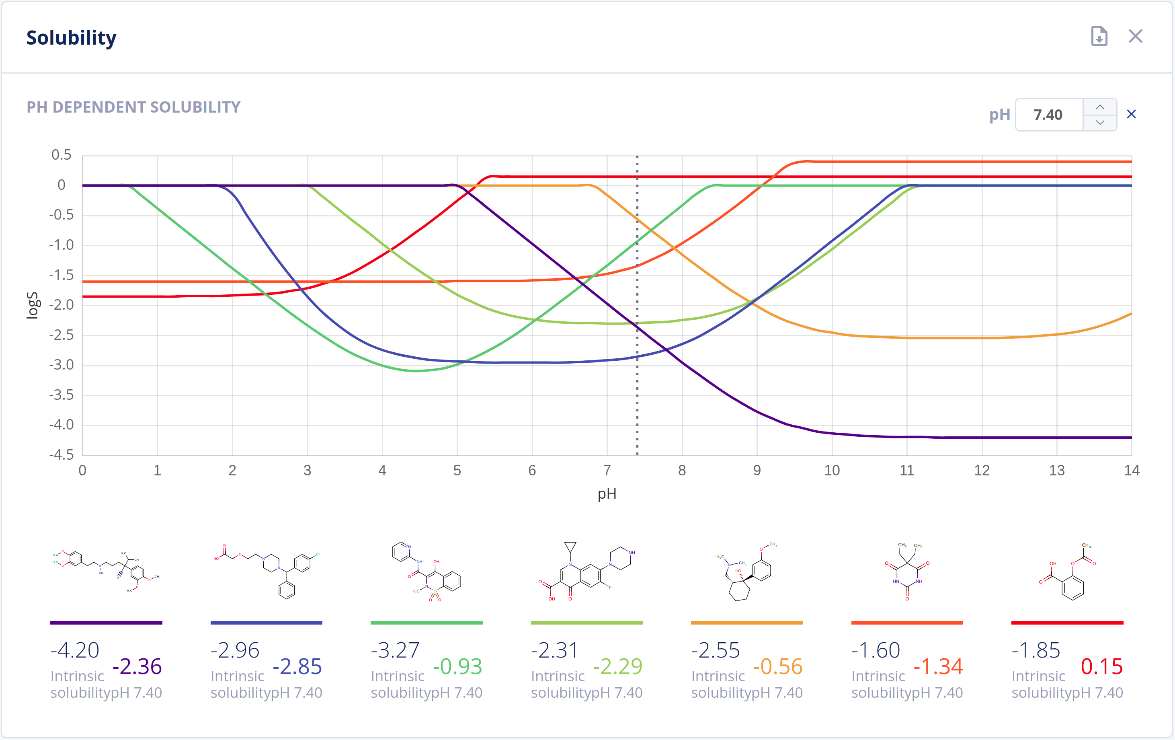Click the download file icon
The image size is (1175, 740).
[x=1099, y=36]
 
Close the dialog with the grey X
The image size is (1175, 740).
[x=1136, y=36]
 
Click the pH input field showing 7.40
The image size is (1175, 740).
[x=1048, y=115]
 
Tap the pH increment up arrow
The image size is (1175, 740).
[x=1100, y=107]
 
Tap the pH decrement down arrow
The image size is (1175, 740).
[x=1100, y=123]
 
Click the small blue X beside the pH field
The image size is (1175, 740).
[x=1131, y=114]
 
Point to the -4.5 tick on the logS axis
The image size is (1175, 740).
[x=62, y=455]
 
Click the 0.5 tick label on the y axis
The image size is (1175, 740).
[x=62, y=155]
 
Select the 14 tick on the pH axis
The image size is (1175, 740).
[x=1132, y=471]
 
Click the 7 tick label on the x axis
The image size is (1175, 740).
[x=607, y=471]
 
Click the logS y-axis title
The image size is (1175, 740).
[x=32, y=306]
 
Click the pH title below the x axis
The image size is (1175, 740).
[x=607, y=494]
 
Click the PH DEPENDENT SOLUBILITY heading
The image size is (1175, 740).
[x=133, y=107]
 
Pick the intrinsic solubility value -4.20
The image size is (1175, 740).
[x=75, y=650]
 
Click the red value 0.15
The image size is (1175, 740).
[x=1102, y=666]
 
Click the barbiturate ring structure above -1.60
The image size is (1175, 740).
[x=907, y=571]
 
